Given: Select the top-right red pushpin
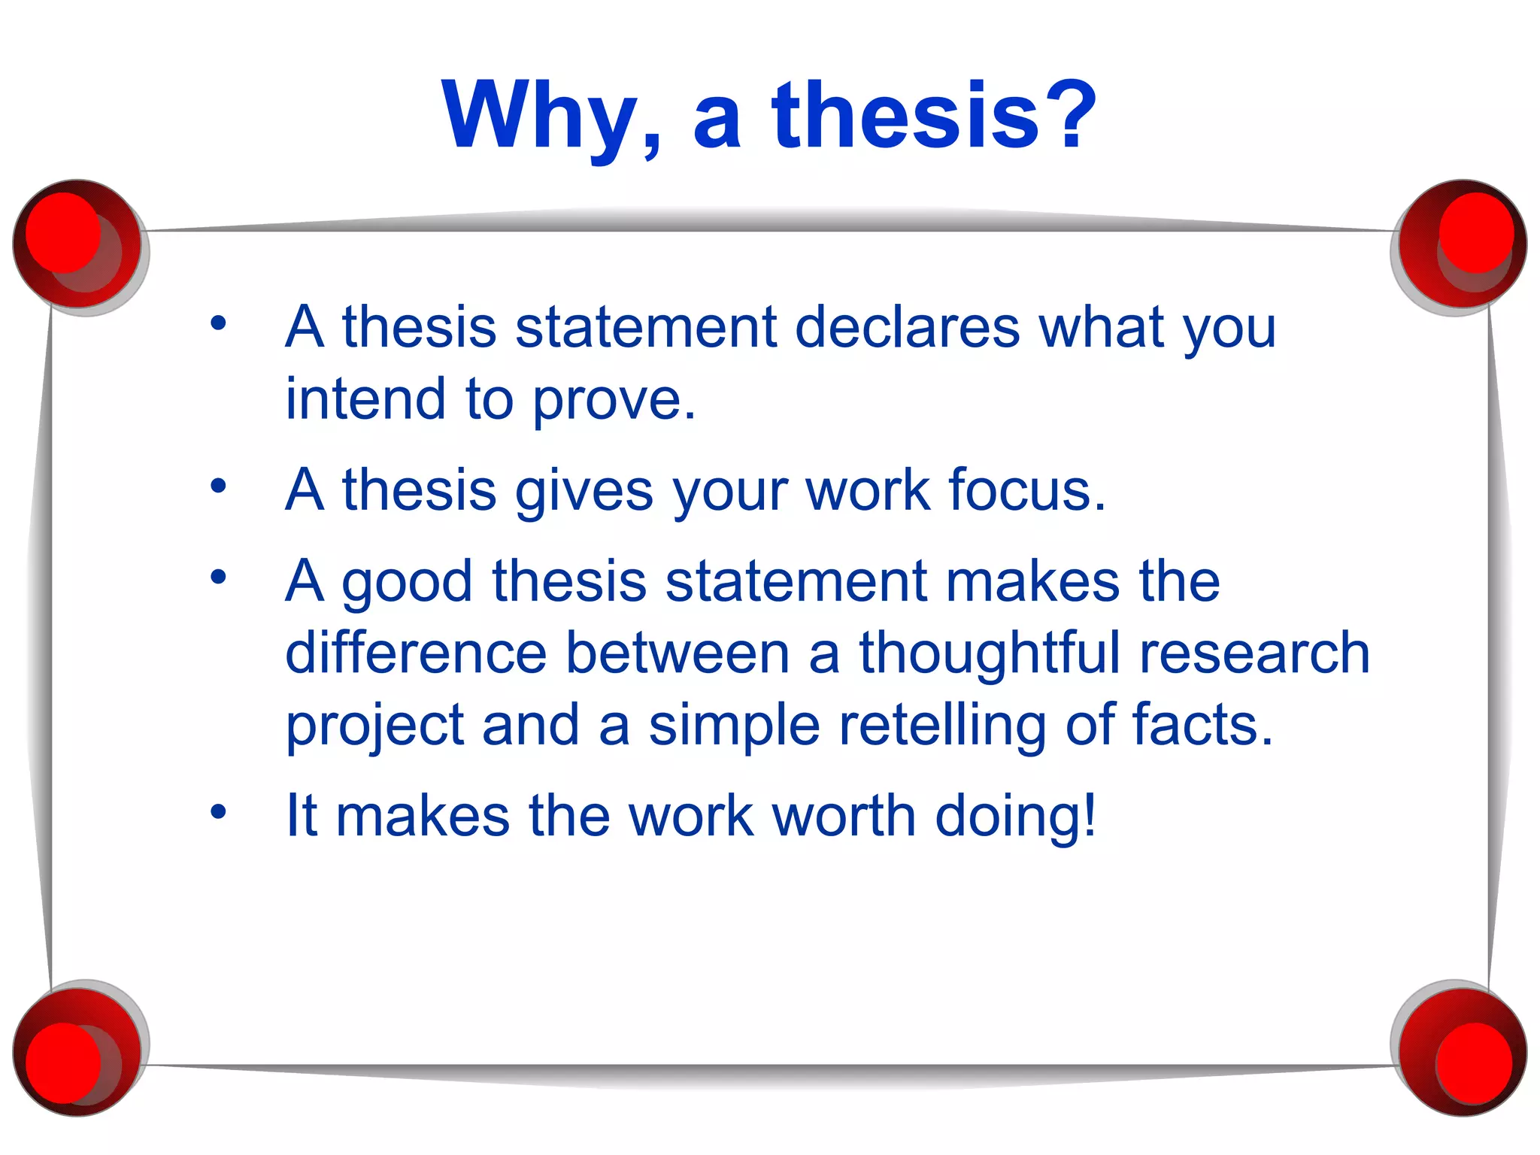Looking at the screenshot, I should [x=1462, y=244].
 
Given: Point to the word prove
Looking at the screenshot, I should [x=615, y=400].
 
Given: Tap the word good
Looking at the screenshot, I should [x=408, y=584].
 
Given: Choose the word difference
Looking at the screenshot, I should [x=416, y=653].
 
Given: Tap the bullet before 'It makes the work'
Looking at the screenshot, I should [x=218, y=811].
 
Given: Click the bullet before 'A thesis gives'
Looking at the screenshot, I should [x=218, y=486].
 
